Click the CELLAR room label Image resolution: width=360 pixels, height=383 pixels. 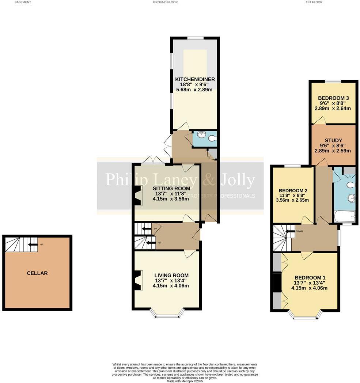37,273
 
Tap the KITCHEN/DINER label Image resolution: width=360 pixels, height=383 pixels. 195,79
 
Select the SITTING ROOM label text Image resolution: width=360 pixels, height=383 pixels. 171,188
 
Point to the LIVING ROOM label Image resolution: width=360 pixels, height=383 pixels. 171,275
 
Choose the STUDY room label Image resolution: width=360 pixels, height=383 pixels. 333,140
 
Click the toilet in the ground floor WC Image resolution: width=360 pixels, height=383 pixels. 212,138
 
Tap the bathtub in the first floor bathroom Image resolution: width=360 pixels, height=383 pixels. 344,216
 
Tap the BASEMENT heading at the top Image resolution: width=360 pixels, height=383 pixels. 22,2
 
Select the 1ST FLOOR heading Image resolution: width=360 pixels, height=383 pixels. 314,2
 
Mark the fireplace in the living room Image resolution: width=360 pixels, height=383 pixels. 137,280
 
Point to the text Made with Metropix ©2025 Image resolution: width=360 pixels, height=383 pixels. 185,381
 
